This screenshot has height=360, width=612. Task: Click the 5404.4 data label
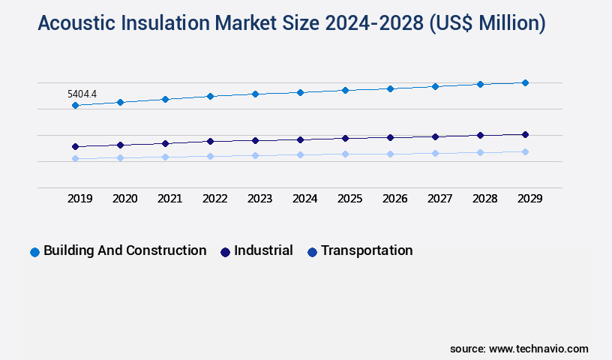click(x=82, y=94)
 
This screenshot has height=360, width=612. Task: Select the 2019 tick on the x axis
click(x=80, y=199)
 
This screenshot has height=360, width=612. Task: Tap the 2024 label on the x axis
click(x=305, y=199)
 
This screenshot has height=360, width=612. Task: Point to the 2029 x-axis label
click(x=529, y=199)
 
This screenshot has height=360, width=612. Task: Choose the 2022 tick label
click(x=215, y=199)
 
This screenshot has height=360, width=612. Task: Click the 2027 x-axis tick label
click(x=440, y=199)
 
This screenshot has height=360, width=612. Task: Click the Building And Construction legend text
click(x=124, y=250)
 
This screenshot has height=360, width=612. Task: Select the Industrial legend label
click(x=263, y=250)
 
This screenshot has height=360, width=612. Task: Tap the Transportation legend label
click(x=367, y=250)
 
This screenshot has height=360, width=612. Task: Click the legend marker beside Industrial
click(x=225, y=252)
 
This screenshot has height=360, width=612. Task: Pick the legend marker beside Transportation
click(x=312, y=252)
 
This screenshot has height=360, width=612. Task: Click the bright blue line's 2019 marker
click(x=75, y=106)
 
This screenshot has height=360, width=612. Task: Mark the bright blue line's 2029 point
click(x=525, y=82)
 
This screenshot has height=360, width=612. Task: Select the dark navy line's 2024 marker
click(x=300, y=139)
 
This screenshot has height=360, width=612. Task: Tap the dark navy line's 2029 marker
click(x=525, y=134)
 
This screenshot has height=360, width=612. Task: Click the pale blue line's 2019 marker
click(x=75, y=158)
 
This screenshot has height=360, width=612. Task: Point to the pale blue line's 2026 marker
click(x=390, y=154)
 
